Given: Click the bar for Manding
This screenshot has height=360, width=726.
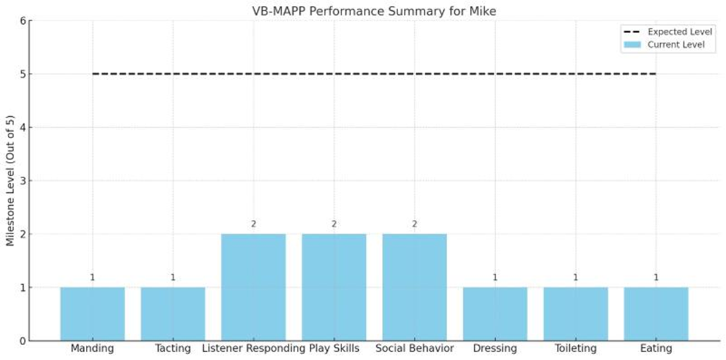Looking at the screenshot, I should click(92, 314).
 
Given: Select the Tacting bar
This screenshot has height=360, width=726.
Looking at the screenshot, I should click(173, 314).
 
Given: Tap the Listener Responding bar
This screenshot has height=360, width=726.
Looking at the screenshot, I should click(253, 287).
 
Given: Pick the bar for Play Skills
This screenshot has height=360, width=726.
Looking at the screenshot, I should click(334, 287).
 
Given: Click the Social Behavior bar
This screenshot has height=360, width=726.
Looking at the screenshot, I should click(414, 287).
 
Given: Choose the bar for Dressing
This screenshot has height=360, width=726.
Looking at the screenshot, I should click(495, 314).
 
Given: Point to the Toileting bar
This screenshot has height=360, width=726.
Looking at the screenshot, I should click(576, 314).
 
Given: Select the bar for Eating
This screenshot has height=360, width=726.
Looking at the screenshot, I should click(656, 314).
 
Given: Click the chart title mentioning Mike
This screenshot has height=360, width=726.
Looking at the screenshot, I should click(374, 10).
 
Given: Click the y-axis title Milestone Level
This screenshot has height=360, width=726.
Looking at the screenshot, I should click(10, 181).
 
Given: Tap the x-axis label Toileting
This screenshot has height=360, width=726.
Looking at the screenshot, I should click(576, 349).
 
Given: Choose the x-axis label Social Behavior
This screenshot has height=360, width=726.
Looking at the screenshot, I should click(414, 349).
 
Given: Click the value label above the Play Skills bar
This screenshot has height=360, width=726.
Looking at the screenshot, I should click(334, 224).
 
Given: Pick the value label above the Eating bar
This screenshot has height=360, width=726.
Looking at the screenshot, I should click(656, 277).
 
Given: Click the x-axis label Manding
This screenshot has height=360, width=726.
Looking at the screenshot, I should click(92, 349).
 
